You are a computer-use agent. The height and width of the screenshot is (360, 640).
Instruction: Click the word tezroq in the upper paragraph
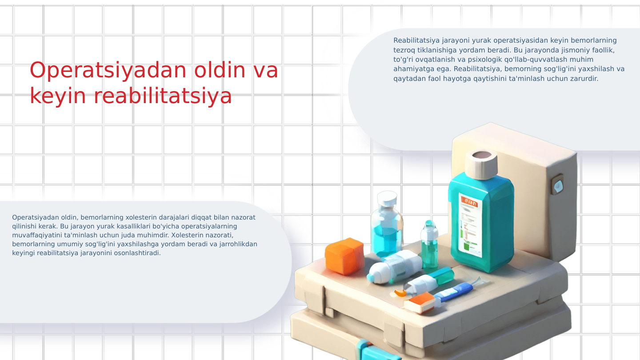[x=404, y=50]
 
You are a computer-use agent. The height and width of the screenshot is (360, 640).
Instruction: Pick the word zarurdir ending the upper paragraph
[x=584, y=79]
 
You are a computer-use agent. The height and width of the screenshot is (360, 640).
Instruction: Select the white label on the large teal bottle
[x=470, y=226]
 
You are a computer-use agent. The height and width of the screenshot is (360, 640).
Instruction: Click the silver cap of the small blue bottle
[x=387, y=199]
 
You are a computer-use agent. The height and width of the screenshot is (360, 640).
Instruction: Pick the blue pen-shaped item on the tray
[x=453, y=292]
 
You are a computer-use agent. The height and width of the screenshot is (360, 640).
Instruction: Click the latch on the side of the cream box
[x=557, y=184]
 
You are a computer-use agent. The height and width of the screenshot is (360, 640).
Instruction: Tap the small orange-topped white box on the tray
[x=420, y=303]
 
